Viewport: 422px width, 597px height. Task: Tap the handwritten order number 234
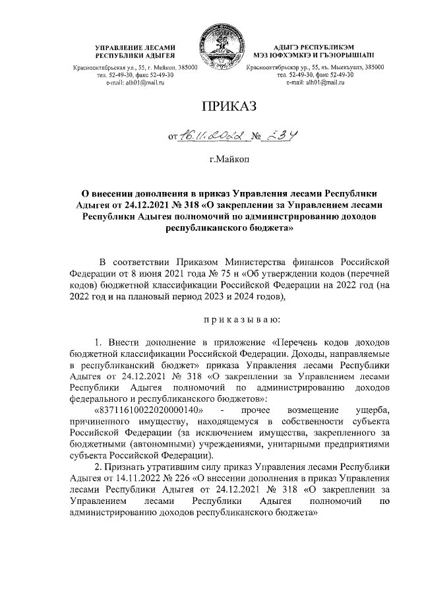click(278, 135)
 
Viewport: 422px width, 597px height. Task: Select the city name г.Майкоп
click(225, 159)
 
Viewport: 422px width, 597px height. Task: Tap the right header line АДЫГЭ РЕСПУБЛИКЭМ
click(310, 48)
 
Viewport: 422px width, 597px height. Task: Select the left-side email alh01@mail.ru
click(136, 82)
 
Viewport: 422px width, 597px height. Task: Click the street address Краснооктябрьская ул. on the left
click(121, 67)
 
